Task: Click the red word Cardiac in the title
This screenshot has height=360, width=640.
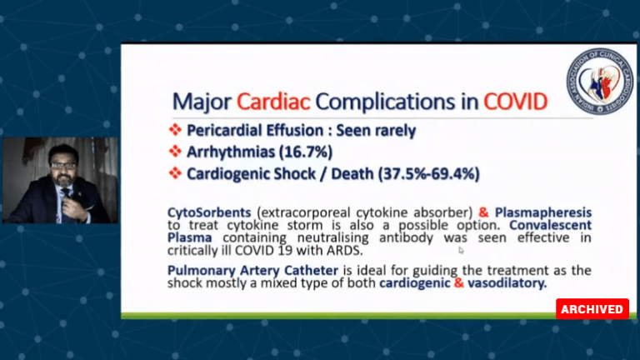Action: point(273,102)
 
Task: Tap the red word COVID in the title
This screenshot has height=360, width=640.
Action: point(516,102)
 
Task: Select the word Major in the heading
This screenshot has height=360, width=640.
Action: point(202,102)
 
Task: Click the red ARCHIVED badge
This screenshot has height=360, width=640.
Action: point(592,309)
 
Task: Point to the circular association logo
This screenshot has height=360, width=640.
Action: point(600,81)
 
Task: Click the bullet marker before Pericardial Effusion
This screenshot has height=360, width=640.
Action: point(175,130)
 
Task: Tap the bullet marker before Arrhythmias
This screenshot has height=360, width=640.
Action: point(175,152)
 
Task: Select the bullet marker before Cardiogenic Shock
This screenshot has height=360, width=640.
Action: point(175,173)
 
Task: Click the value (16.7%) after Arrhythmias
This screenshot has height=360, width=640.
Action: point(306,152)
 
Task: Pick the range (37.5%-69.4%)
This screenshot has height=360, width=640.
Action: point(428,174)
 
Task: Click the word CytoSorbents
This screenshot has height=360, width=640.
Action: point(209,212)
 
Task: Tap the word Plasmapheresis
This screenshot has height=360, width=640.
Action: point(543,213)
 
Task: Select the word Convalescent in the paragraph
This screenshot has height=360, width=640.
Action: point(551,225)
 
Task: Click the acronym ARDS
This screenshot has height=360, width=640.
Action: point(344,250)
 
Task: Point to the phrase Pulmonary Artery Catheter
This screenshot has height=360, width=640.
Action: point(252,271)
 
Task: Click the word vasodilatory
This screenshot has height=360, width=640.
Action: point(507,282)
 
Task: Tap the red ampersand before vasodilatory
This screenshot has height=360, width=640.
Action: point(459,282)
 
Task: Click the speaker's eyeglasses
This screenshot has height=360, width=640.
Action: point(63,166)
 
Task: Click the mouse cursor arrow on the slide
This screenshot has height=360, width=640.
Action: point(461,250)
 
